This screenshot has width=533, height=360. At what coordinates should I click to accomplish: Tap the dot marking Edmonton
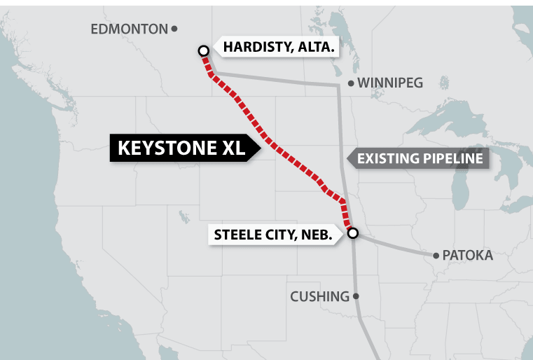(x=174, y=29)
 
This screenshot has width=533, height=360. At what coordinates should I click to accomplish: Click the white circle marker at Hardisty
(x=203, y=50)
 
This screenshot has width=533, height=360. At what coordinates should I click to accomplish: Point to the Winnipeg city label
(x=390, y=83)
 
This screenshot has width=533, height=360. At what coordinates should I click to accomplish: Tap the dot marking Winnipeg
(x=351, y=83)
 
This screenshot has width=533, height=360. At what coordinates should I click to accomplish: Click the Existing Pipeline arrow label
(x=419, y=158)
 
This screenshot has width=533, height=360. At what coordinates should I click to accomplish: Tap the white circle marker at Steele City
(x=352, y=233)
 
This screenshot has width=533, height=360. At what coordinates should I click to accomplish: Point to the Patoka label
(x=467, y=256)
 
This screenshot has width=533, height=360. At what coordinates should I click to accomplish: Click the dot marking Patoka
(x=436, y=255)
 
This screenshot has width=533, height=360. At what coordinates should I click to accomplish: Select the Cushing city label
(x=319, y=296)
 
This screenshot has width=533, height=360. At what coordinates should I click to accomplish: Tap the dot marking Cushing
(x=356, y=296)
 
